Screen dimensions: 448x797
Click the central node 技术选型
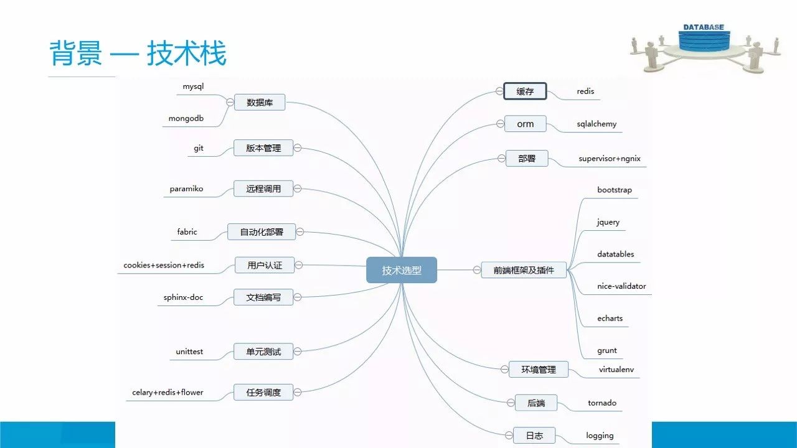pos(401,270)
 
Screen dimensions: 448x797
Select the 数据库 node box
pos(260,102)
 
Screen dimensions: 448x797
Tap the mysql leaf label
pos(193,86)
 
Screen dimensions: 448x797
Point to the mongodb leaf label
pos(186,118)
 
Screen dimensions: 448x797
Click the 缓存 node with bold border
pos(525,91)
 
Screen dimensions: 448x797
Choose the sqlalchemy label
pos(597,124)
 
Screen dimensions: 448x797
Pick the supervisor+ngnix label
pos(609,159)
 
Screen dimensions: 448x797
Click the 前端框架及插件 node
pos(524,270)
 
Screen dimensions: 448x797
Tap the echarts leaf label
pos(610,318)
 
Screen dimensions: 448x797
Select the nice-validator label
pos(621,286)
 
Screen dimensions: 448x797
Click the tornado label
pos(602,403)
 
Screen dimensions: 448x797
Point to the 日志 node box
pos(534,436)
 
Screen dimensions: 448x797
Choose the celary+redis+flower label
pos(167,393)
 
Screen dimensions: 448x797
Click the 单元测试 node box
pos(263,352)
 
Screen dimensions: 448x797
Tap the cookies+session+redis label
pos(164,265)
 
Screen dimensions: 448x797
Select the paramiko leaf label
pos(186,189)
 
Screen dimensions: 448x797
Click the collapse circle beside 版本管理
pos(298,148)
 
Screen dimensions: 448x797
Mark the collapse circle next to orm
pos(499,124)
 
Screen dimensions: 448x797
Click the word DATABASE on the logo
pos(704,27)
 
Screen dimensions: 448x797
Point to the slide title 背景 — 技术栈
pos(138,54)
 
